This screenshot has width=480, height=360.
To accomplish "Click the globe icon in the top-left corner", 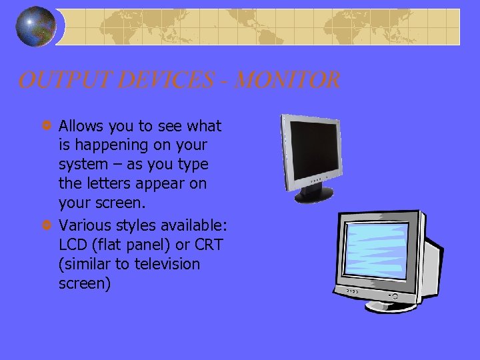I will (x=35, y=26).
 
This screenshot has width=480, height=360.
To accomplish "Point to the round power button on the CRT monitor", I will (x=394, y=295).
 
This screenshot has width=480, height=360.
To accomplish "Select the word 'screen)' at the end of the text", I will (x=85, y=283).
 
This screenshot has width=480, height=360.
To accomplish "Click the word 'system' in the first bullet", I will (x=83, y=164).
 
